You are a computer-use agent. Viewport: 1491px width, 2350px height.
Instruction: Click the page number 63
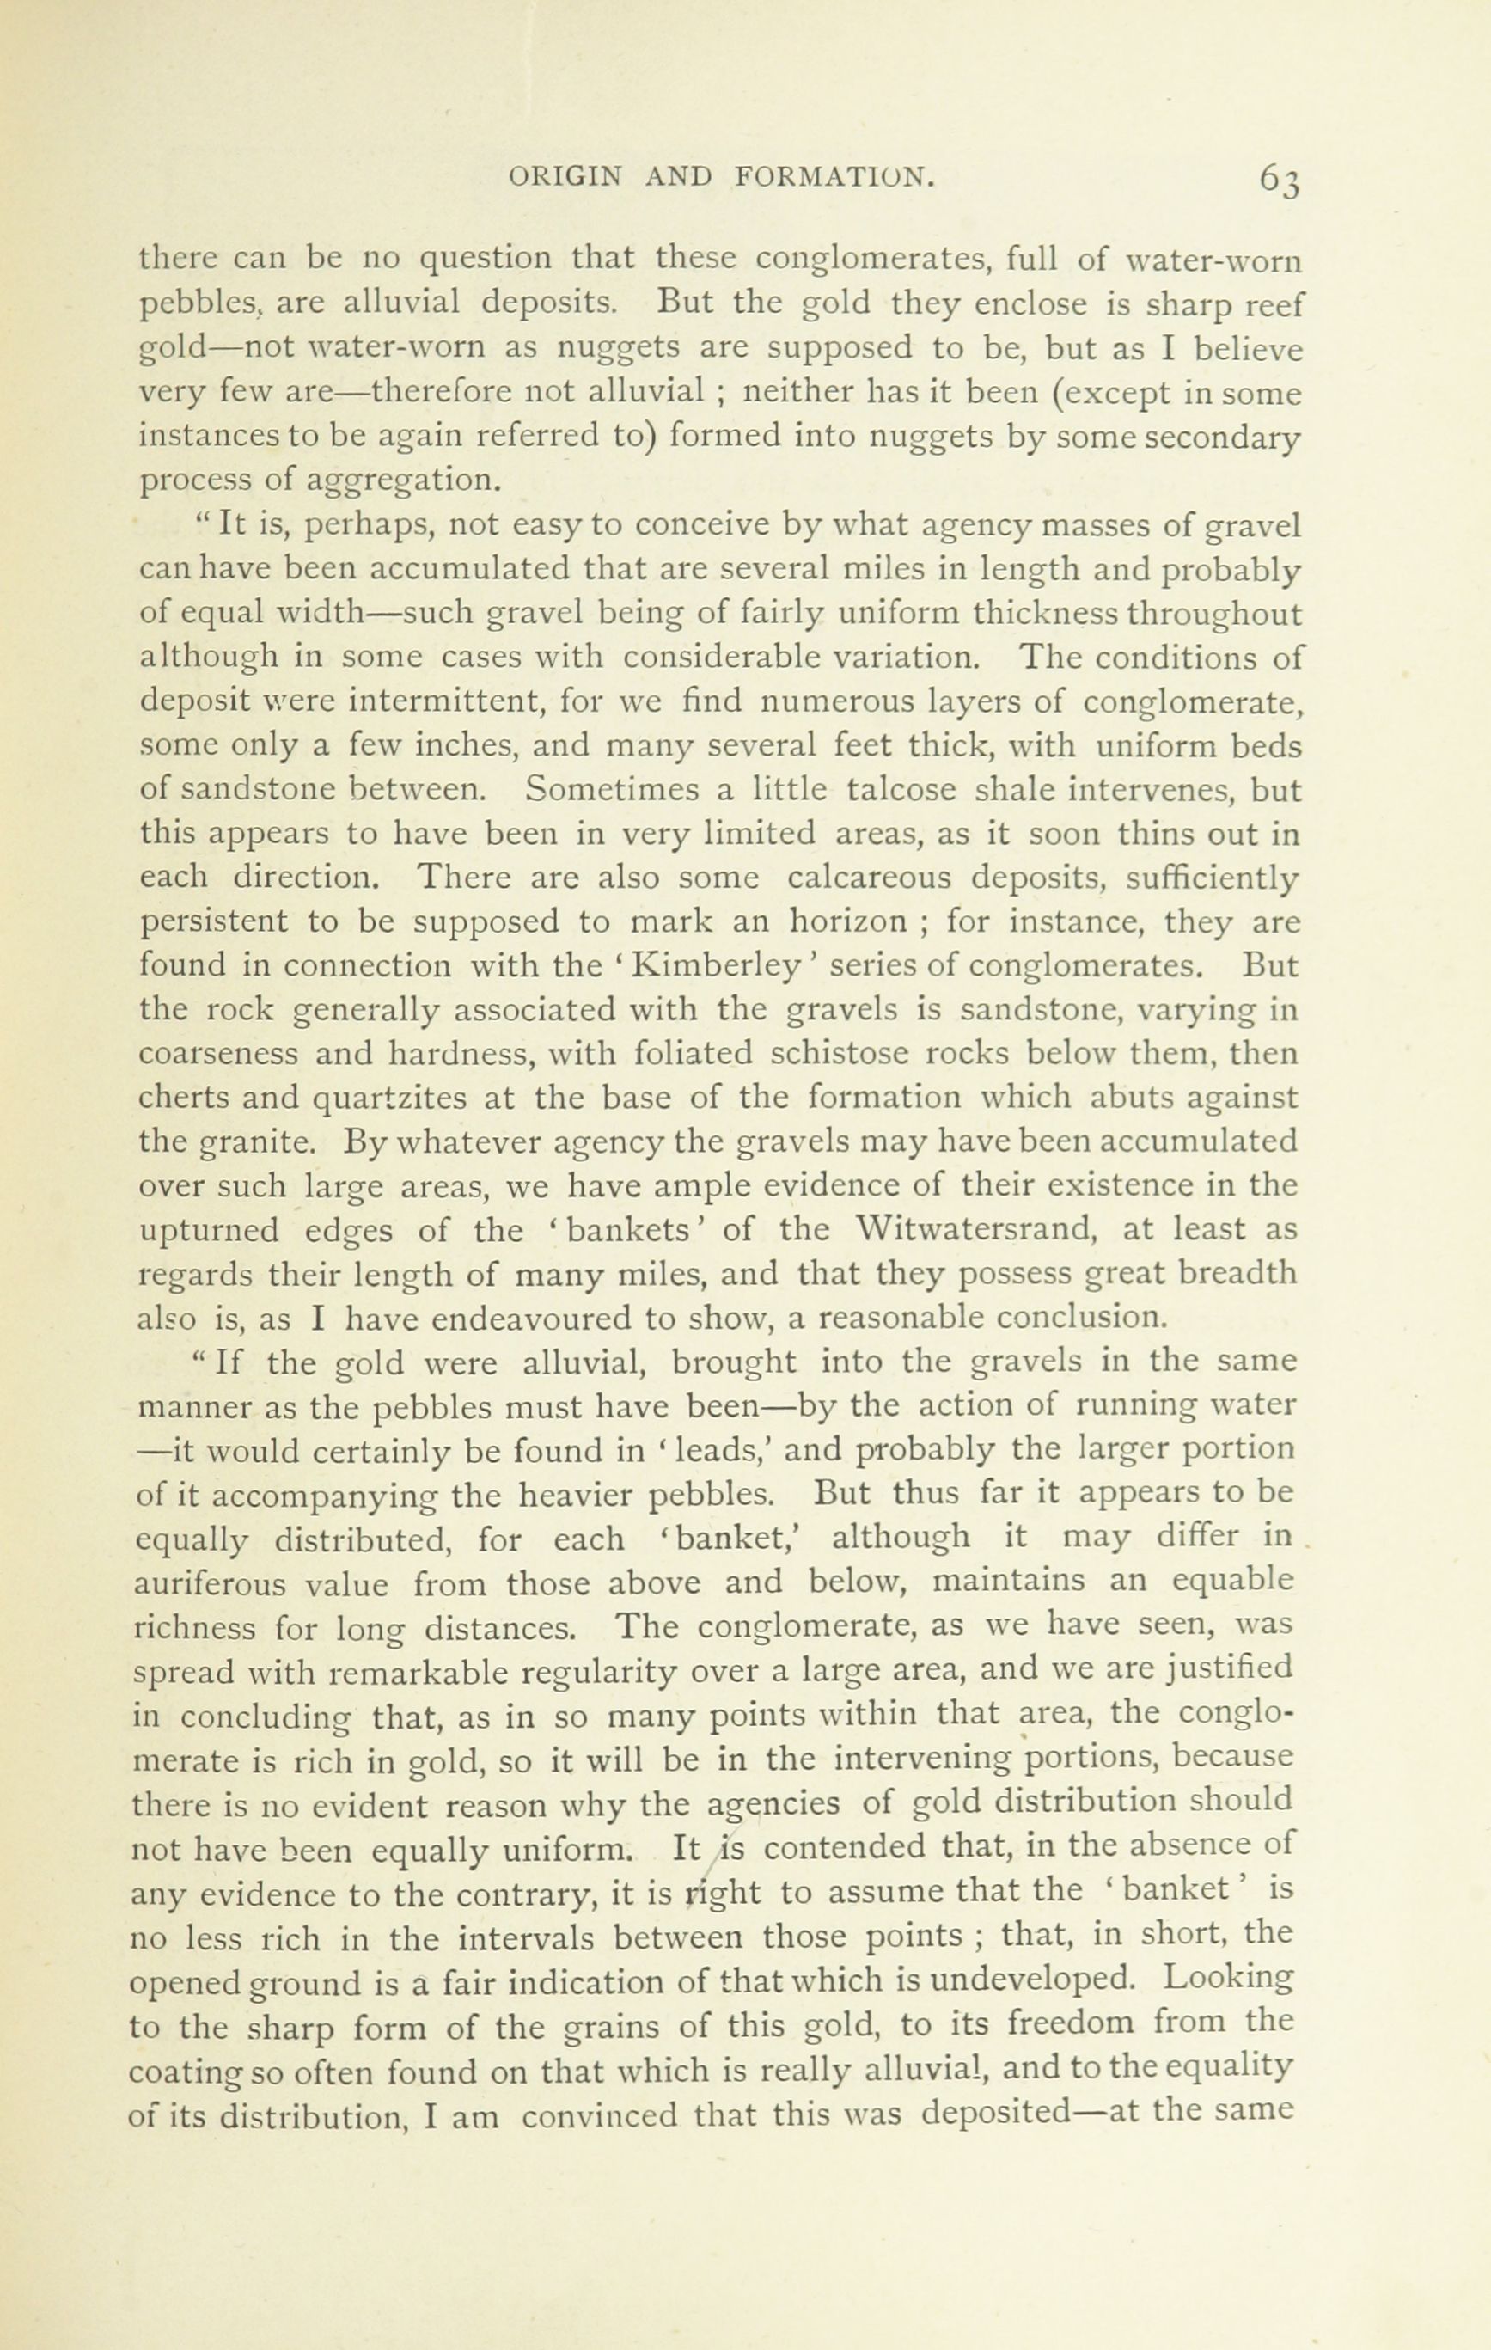pos(1280,180)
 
